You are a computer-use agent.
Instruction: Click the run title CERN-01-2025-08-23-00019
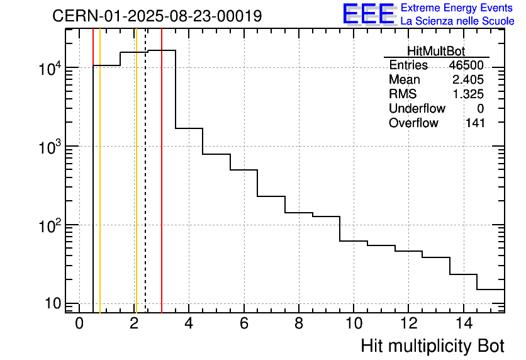(157, 16)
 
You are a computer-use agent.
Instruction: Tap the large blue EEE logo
(368, 14)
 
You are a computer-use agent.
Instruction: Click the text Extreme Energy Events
(457, 8)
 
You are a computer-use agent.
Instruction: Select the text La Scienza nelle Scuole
(457, 21)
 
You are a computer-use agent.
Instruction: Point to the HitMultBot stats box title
(436, 52)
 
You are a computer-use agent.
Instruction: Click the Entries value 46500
(466, 65)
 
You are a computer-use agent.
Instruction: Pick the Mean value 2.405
(468, 80)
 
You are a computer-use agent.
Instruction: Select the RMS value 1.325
(468, 94)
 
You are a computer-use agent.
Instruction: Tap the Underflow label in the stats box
(417, 109)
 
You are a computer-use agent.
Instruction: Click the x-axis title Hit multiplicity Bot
(432, 346)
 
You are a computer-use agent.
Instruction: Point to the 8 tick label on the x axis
(298, 323)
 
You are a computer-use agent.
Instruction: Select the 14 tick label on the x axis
(462, 323)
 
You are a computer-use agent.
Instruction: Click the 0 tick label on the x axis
(79, 323)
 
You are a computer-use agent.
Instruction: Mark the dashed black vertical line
(145, 189)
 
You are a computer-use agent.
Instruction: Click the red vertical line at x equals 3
(162, 189)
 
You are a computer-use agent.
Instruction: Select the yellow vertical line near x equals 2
(135, 189)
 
